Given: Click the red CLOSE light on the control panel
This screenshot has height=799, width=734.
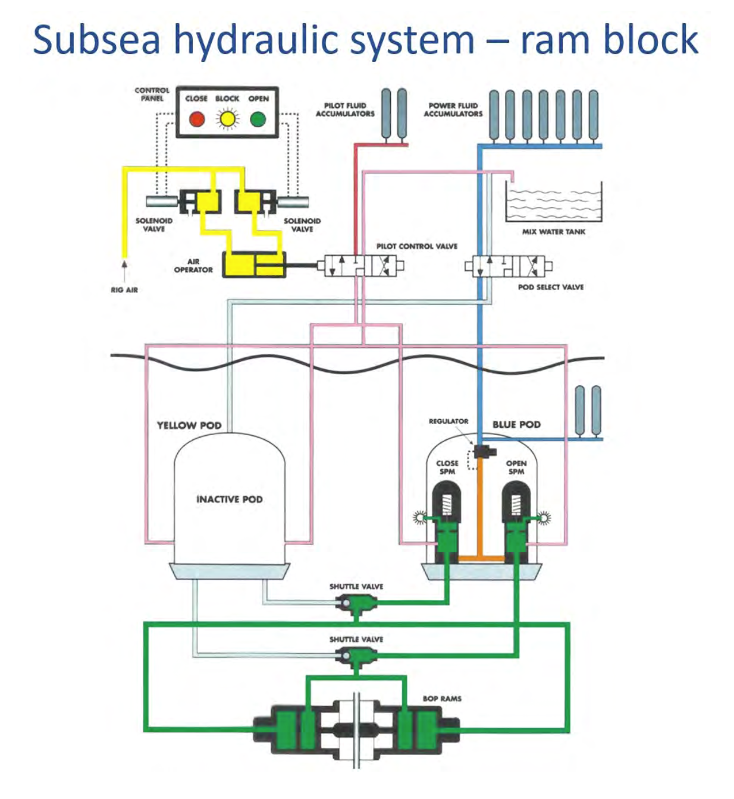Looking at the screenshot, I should tap(197, 119).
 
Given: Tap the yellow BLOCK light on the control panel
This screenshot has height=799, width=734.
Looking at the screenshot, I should tap(227, 119).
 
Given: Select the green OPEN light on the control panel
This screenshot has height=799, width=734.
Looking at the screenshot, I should tap(258, 119).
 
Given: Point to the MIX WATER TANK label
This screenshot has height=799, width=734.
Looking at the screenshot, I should tap(553, 232).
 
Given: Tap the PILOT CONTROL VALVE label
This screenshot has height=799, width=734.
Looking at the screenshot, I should tap(416, 246).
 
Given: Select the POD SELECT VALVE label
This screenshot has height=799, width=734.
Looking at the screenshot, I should tap(550, 287).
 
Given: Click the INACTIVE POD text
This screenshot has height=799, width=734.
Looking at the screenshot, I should tap(229, 499).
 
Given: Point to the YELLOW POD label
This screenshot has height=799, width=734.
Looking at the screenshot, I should tap(189, 426).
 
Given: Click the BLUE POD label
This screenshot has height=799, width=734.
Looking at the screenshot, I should tap(516, 424).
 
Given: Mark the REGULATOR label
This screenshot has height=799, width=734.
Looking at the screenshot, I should tap(448, 421).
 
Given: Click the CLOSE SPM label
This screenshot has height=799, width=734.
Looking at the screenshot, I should tap(447, 467).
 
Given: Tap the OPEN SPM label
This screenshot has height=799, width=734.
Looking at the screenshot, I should tap(516, 467).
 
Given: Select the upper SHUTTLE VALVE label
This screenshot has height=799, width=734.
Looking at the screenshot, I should tap(356, 586).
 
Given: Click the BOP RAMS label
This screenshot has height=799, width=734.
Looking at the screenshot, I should tap(442, 699).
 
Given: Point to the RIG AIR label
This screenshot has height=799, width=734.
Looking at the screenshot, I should tap(124, 290).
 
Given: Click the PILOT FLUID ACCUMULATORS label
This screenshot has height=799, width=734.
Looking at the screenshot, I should tap(345, 109).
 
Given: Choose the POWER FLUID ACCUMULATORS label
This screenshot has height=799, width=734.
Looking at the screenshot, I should tap(453, 109).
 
